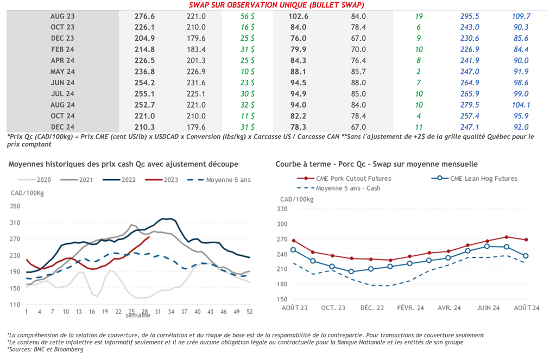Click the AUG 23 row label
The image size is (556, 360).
pyautogui.click(x=62, y=16)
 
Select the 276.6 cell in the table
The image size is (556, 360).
pyautogui.click(x=144, y=16)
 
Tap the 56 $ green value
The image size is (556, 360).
pyautogui.click(x=248, y=16)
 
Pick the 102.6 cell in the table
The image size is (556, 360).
pyautogui.click(x=298, y=16)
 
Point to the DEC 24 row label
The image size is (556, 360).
pyautogui.click(x=62, y=127)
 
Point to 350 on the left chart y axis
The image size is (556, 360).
pyautogui.click(x=15, y=206)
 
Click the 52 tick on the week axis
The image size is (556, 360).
pyautogui.click(x=249, y=312)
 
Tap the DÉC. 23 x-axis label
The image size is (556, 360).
pyautogui.click(x=371, y=308)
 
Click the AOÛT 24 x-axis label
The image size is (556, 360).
pyautogui.click(x=526, y=308)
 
